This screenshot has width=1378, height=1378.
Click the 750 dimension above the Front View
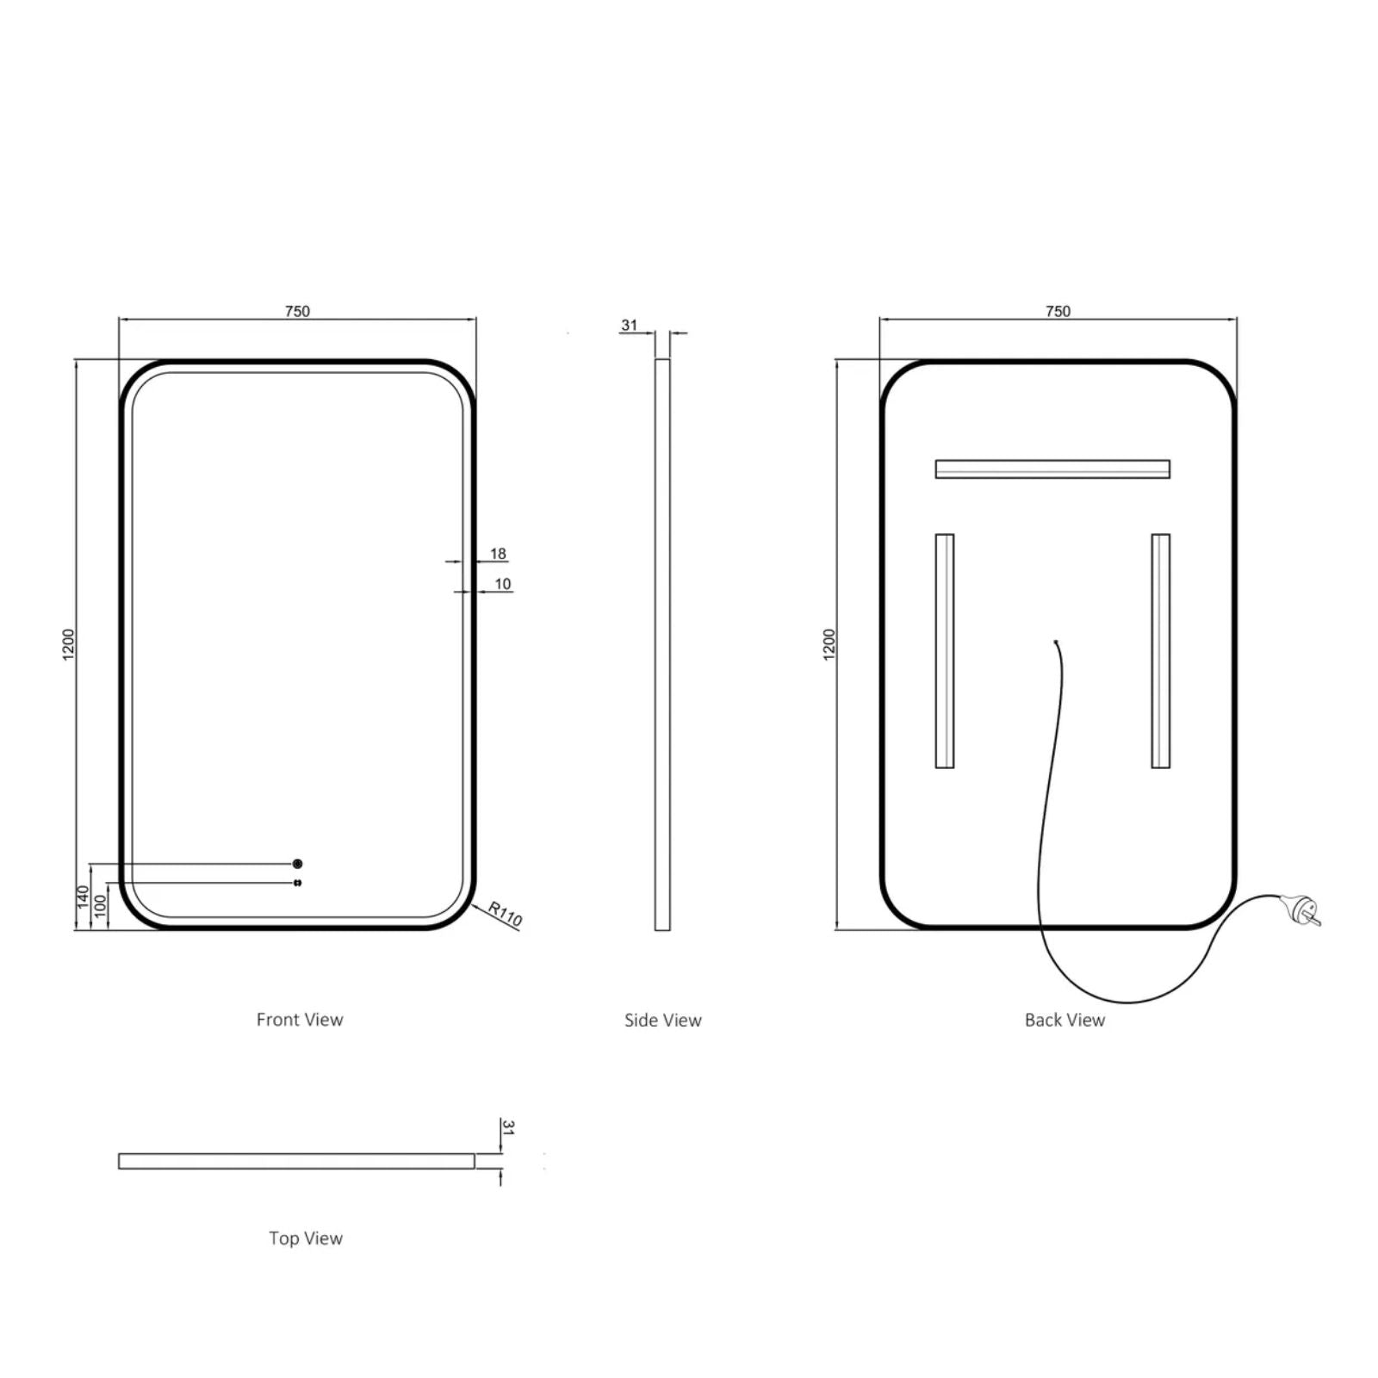tap(297, 311)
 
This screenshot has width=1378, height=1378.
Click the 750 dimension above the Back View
tap(1058, 311)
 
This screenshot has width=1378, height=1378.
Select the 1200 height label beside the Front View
tap(69, 644)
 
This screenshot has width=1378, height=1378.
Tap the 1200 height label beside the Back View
tap(829, 644)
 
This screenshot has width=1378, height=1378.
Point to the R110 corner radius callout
tap(505, 914)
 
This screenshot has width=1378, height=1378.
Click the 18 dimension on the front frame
tap(498, 554)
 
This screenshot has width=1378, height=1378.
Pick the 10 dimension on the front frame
tap(503, 584)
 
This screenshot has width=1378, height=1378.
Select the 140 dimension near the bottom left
tap(84, 897)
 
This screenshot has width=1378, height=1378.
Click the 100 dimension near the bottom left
tap(100, 906)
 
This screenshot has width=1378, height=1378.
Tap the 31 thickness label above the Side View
tap(629, 325)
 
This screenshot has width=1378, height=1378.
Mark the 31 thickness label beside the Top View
tap(508, 1127)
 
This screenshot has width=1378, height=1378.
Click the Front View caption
tap(300, 1020)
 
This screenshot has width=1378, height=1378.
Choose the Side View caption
tap(662, 1021)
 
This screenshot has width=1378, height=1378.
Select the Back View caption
tap(1065, 1020)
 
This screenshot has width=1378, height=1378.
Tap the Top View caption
tap(306, 1238)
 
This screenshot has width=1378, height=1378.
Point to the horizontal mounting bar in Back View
tap(1052, 469)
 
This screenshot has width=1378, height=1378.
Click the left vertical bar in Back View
tap(945, 651)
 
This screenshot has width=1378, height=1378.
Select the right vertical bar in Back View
tap(1160, 651)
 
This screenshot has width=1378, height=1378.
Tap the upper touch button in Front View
tap(298, 863)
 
